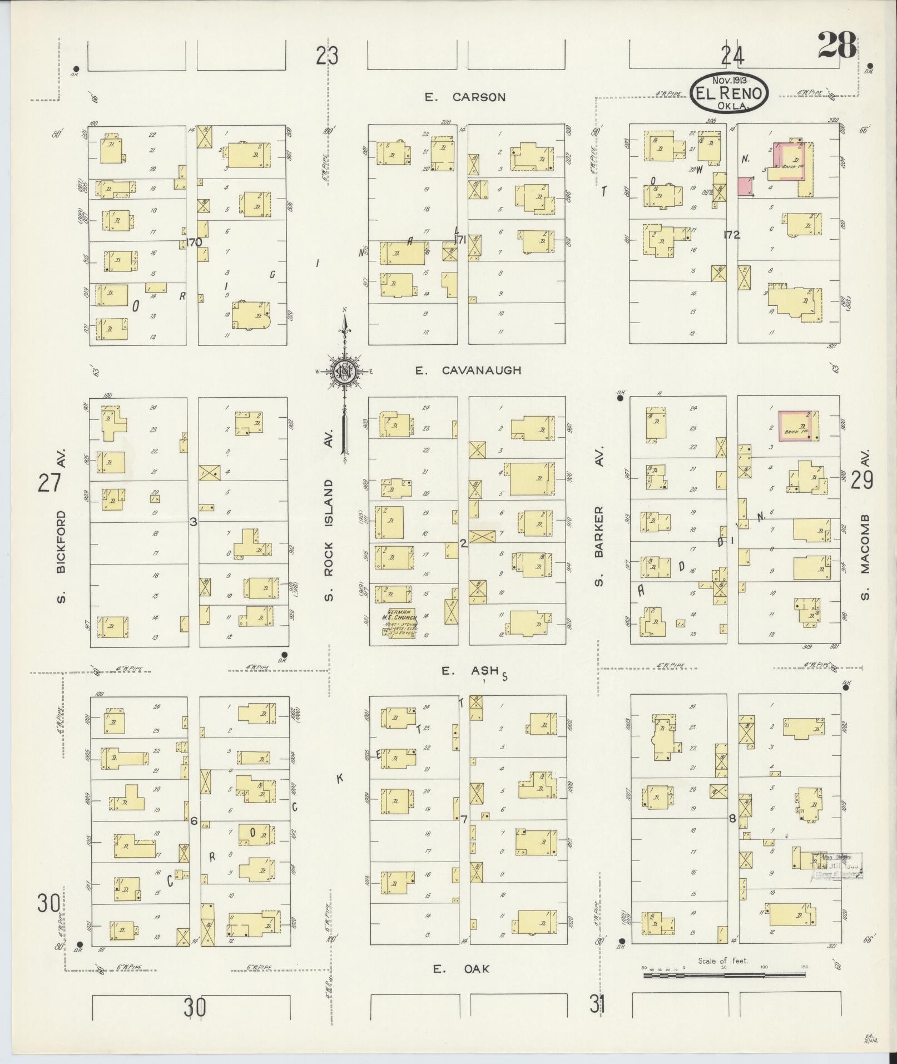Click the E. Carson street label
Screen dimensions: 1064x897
pyautogui.click(x=465, y=97)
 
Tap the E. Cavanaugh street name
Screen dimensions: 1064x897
pyautogui.click(x=468, y=370)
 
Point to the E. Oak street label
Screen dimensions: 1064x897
pyautogui.click(x=462, y=969)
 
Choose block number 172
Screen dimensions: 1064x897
pyautogui.click(x=732, y=235)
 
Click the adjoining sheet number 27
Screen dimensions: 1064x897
pyautogui.click(x=48, y=482)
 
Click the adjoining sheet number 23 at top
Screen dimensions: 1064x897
pyautogui.click(x=327, y=56)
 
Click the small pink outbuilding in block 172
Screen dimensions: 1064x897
pyautogui.click(x=746, y=186)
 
